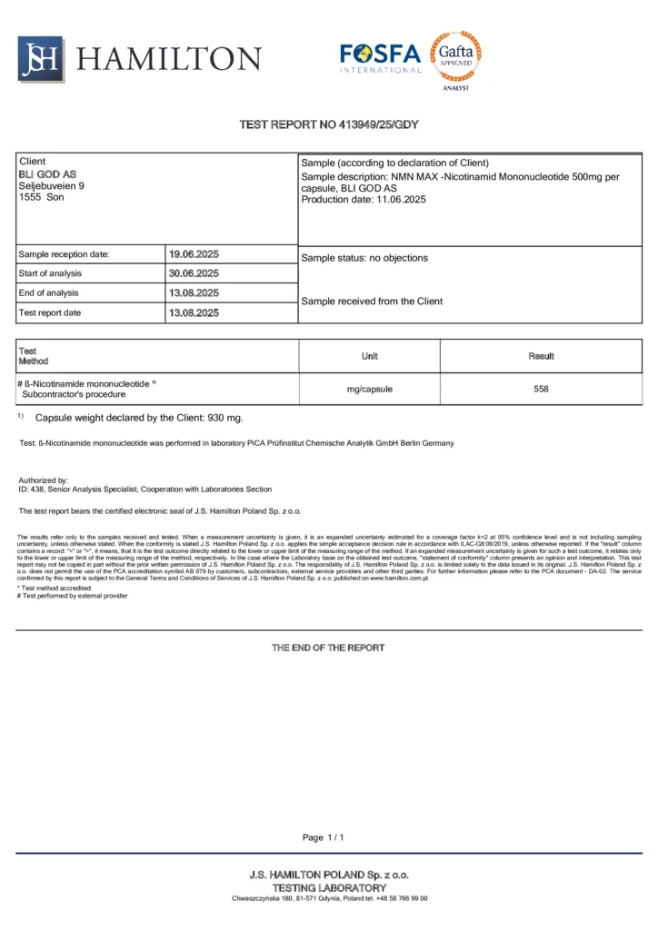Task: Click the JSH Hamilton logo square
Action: [41, 59]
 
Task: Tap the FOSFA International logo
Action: [380, 57]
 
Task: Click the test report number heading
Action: [328, 124]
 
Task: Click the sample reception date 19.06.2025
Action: [194, 254]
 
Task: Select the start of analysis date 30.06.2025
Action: [194, 273]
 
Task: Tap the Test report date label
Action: [49, 313]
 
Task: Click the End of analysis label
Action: [48, 293]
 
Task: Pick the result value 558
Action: [541, 389]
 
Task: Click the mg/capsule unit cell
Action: [369, 389]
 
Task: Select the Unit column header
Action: [369, 356]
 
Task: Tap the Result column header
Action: [541, 356]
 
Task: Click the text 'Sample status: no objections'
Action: [364, 258]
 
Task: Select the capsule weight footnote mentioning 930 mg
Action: [138, 418]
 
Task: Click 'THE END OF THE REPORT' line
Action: [328, 648]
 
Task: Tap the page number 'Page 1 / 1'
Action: [324, 836]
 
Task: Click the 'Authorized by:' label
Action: [44, 480]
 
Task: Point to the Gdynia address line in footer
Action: [329, 898]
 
